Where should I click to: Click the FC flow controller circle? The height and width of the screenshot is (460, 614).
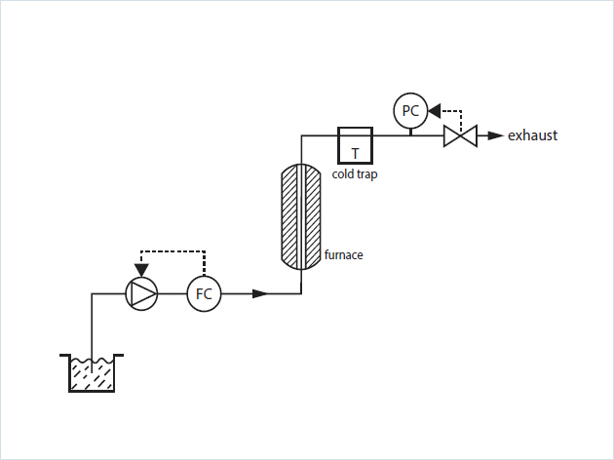204,292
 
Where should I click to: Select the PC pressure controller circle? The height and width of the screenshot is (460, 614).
409,111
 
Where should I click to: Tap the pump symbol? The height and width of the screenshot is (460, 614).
142,292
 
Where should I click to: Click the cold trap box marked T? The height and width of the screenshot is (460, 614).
354,145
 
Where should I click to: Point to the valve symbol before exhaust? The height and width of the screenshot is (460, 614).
459,135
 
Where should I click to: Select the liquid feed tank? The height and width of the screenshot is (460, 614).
91,372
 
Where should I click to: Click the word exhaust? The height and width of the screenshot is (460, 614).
532,135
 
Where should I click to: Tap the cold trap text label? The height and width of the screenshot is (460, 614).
355,175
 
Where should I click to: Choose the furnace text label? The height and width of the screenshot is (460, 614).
343,255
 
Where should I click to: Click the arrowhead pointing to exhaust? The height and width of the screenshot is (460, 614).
495,135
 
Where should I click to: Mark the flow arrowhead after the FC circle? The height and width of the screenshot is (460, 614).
260,292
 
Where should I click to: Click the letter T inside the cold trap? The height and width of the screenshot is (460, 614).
355,152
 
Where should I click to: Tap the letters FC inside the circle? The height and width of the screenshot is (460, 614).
204,293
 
